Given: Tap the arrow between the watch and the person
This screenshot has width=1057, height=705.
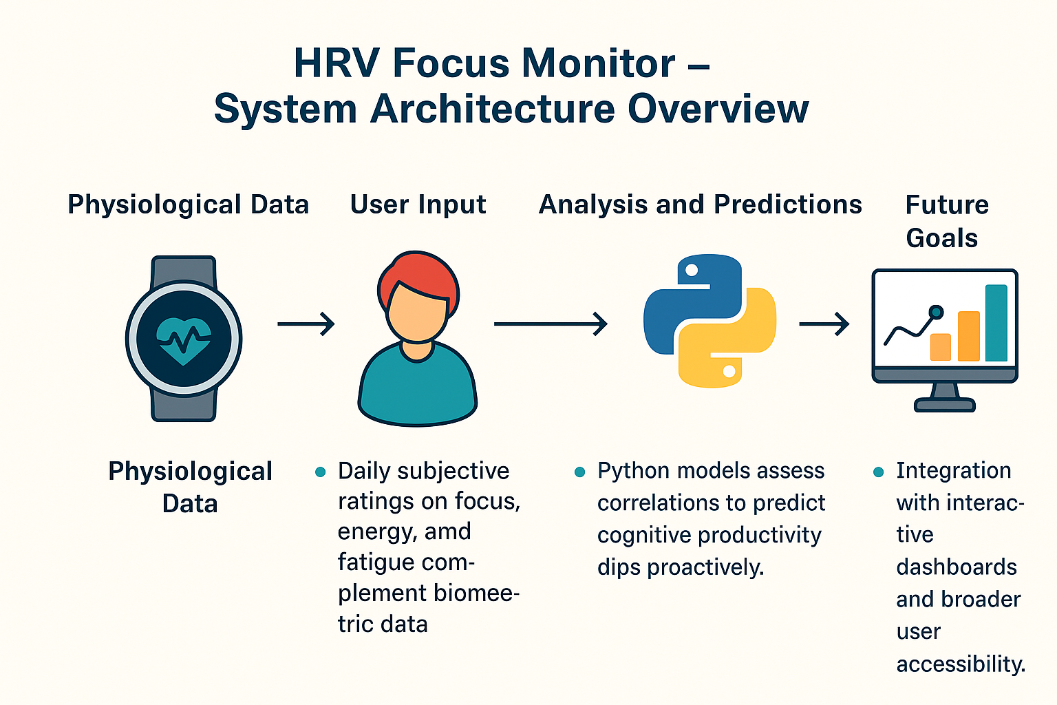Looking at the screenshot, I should (306, 323).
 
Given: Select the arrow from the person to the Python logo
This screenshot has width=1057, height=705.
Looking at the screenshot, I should (550, 323).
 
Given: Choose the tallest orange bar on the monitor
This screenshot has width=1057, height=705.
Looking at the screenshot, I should (968, 336).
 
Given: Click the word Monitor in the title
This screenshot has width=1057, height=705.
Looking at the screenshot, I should (598, 63).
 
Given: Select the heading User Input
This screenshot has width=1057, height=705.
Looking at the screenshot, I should (418, 204).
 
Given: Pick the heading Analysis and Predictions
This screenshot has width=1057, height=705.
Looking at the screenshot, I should (700, 204).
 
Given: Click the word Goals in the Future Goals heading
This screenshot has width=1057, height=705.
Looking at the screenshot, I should (941, 238).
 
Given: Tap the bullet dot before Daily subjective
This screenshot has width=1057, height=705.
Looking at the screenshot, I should (320, 472).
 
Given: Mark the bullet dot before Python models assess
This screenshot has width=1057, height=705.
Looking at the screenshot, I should (579, 472).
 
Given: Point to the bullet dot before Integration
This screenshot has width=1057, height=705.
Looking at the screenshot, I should (878, 472).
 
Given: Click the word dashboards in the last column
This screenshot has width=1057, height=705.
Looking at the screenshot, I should (956, 567).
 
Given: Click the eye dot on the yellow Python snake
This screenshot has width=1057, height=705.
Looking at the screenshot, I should (729, 372).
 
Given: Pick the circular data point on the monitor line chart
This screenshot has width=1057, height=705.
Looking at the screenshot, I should (935, 312).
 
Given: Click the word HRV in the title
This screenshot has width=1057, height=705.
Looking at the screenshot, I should (336, 63).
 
